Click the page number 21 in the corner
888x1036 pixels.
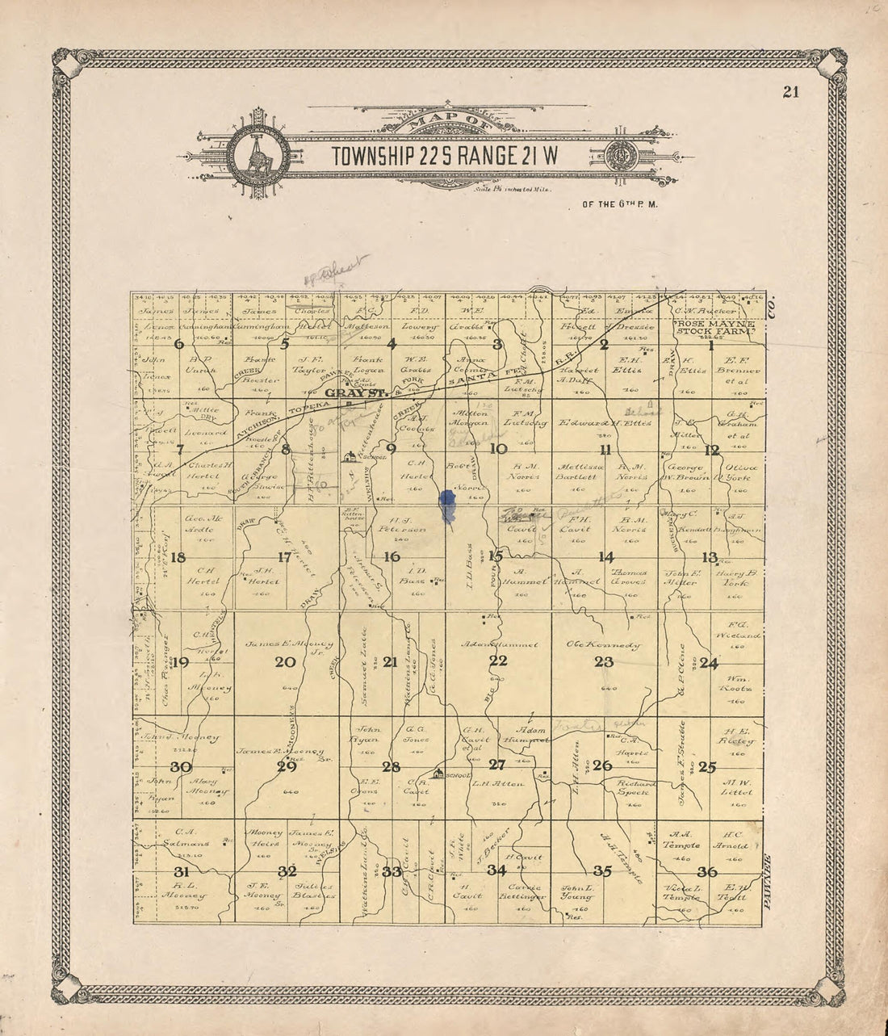pyautogui.click(x=790, y=91)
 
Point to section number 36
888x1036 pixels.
pyautogui.click(x=708, y=871)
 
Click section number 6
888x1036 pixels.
pyautogui.click(x=179, y=344)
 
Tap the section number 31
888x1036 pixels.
pyautogui.click(x=182, y=871)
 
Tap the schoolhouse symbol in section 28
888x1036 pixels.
pyautogui.click(x=438, y=774)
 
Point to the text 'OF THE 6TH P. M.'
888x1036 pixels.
pyautogui.click(x=619, y=204)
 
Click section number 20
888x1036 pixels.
pyautogui.click(x=285, y=662)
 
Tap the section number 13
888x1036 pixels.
pyautogui.click(x=710, y=556)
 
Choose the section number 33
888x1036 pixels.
pyautogui.click(x=392, y=872)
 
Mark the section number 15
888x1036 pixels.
pyautogui.click(x=496, y=555)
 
